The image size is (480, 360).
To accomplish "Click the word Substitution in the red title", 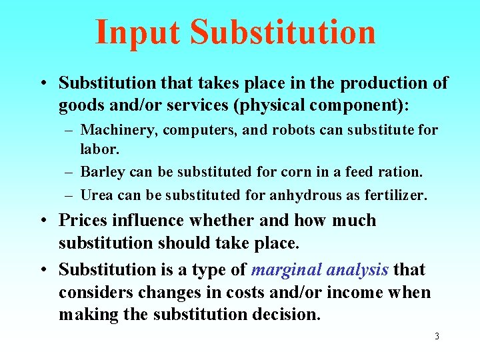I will click(283, 32).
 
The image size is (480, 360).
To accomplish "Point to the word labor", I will click(98, 149).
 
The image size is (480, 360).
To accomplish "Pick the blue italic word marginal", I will click(284, 269).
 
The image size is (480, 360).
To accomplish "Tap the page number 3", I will click(437, 336).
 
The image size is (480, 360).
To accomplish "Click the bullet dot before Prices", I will click(42, 221).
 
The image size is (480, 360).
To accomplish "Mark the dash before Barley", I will click(69, 172).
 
